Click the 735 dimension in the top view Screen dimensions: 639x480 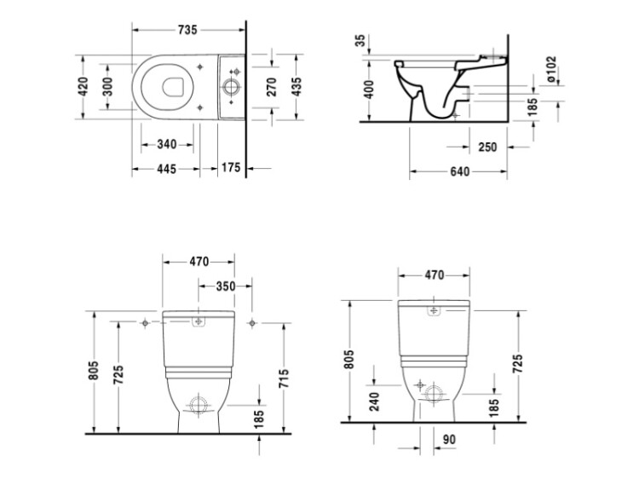pos(187,30)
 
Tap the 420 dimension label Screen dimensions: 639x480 pos(83,86)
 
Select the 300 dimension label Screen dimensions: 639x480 pos(107,86)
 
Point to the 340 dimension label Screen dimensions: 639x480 pos(167,144)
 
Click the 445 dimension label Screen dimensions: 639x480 pos(167,169)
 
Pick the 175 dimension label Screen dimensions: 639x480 pos(231,167)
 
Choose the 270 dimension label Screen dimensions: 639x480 pos(272,87)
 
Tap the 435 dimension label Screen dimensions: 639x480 pos(297,87)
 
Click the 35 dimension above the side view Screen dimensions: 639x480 pos(360,41)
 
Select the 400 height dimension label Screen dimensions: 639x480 pos(369,90)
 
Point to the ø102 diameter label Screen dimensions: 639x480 pos(550,69)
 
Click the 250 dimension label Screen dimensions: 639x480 pos(488,147)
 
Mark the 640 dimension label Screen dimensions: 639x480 pos(460,171)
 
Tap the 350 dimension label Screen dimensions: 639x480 pos(226,286)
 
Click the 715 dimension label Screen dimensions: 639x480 pos(284,379)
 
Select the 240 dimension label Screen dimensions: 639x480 pos(375,402)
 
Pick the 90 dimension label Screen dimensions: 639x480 pos(449,440)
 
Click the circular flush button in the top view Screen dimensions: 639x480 pos(231,87)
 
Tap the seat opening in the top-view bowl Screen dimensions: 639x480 pos(173,86)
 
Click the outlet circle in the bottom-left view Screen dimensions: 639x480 pos(199,405)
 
